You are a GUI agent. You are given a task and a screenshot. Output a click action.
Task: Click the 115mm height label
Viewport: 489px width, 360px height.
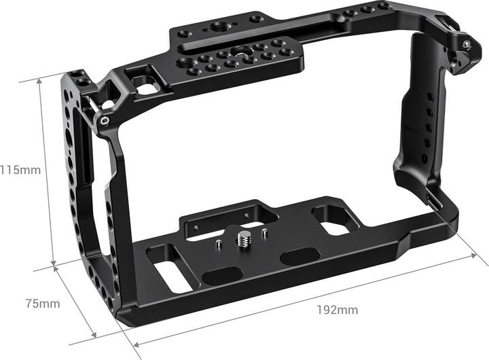20,170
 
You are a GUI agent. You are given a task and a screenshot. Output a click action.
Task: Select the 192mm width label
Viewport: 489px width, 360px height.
338,310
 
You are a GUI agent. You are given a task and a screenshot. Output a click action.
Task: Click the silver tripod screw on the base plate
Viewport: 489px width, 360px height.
242,240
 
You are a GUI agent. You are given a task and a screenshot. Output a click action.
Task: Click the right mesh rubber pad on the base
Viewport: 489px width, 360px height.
299,257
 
